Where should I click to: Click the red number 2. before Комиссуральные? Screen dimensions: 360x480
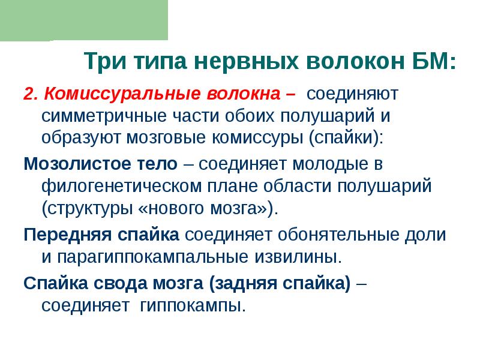tap(31, 94)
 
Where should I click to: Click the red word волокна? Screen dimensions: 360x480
tap(242, 94)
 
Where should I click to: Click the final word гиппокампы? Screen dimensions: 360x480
tap(192, 305)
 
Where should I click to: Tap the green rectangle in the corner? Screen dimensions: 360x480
tap(84, 19)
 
